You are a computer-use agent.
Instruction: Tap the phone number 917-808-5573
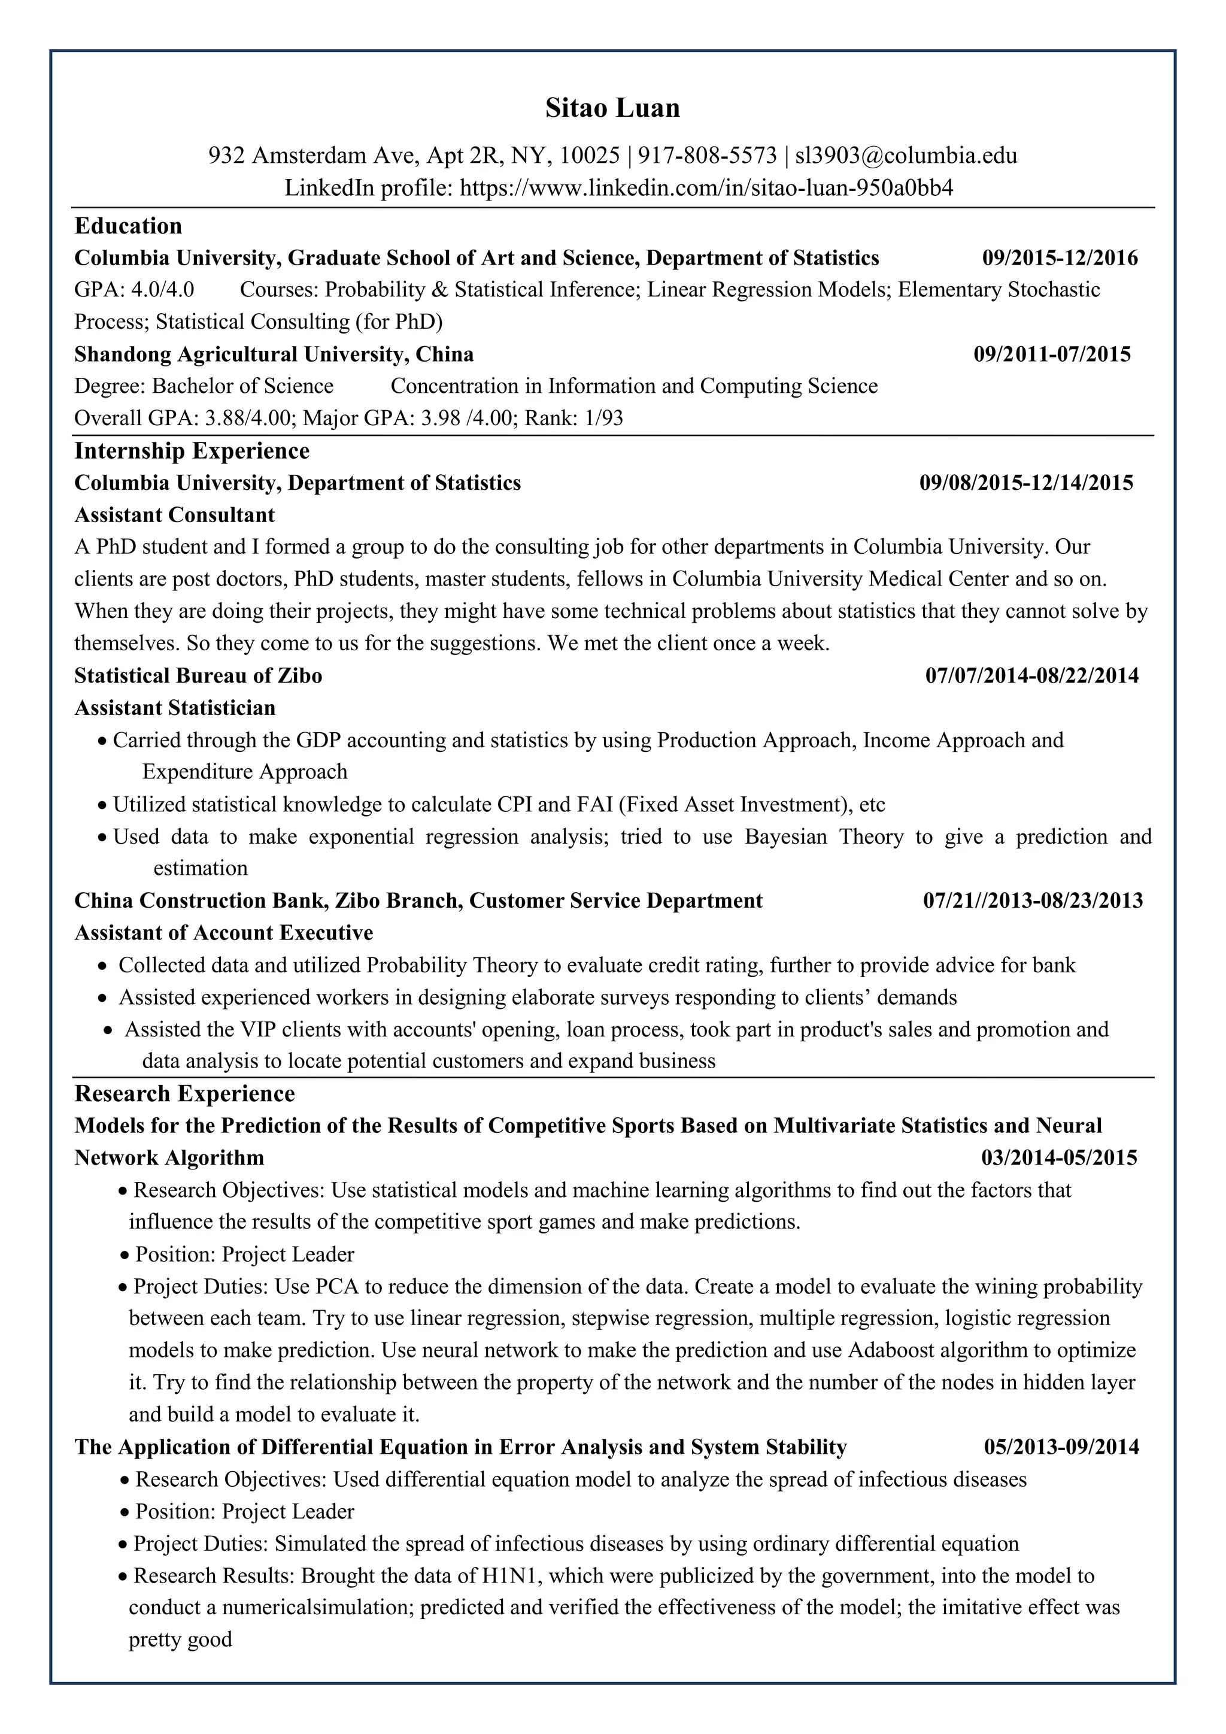pyautogui.click(x=708, y=156)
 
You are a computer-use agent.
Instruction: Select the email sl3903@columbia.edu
pyautogui.click(x=906, y=156)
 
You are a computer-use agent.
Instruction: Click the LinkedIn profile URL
pyautogui.click(x=706, y=187)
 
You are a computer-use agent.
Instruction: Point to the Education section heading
pyautogui.click(x=128, y=226)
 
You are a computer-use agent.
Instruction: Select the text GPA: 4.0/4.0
pyautogui.click(x=134, y=290)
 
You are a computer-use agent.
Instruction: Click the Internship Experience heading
pyautogui.click(x=192, y=451)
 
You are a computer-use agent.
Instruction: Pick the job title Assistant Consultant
pyautogui.click(x=174, y=515)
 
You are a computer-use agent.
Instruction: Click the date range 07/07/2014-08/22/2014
pyautogui.click(x=1032, y=675)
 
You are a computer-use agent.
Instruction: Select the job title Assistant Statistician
pyautogui.click(x=174, y=708)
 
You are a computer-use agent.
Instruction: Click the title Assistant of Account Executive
pyautogui.click(x=223, y=933)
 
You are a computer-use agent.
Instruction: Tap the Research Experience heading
pyautogui.click(x=184, y=1093)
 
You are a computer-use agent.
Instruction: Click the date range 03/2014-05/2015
pyautogui.click(x=1059, y=1158)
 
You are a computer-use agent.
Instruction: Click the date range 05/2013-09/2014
pyautogui.click(x=1061, y=1447)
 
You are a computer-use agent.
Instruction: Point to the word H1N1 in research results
pyautogui.click(x=506, y=1575)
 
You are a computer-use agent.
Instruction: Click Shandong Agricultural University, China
pyautogui.click(x=274, y=354)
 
